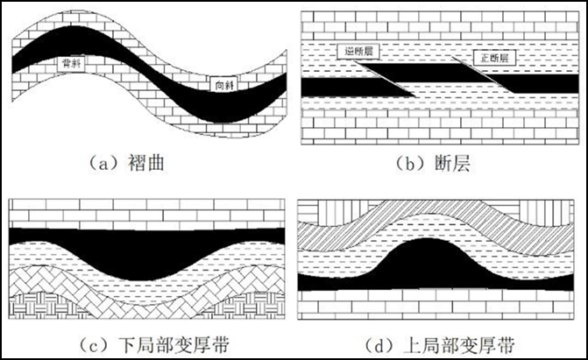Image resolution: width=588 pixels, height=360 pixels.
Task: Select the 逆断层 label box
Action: click(357, 52)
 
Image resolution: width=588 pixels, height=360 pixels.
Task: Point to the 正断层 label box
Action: click(492, 58)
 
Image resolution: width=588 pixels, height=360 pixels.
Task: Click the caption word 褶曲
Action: click(160, 162)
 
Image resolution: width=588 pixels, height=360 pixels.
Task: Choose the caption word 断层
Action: click(452, 162)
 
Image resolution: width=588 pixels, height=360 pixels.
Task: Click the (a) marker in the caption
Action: click(103, 162)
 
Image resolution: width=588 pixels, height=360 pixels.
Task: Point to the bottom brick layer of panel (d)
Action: click(438, 307)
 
